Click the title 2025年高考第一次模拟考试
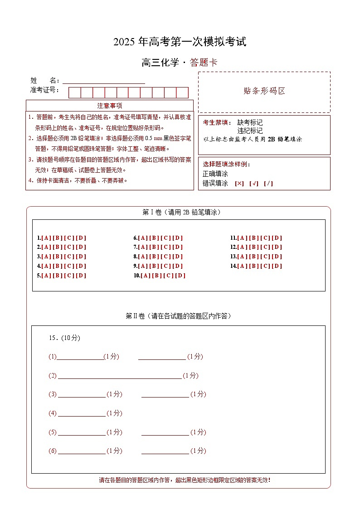tap(180, 42)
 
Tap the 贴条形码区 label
tap(264, 91)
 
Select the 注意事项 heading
tap(110, 106)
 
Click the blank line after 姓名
tap(104, 81)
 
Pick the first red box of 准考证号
tap(75, 93)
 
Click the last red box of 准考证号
tap(182, 93)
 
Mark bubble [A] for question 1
tap(46, 238)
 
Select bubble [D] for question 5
tap(81, 276)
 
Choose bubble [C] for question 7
tap(166, 247)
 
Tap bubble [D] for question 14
tap(277, 266)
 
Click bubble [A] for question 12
tap(242, 247)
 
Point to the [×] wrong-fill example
tap(239, 184)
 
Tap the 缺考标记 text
tap(250, 122)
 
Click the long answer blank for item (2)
tap(120, 376)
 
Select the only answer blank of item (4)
tap(82, 413)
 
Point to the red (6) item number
tap(53, 451)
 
